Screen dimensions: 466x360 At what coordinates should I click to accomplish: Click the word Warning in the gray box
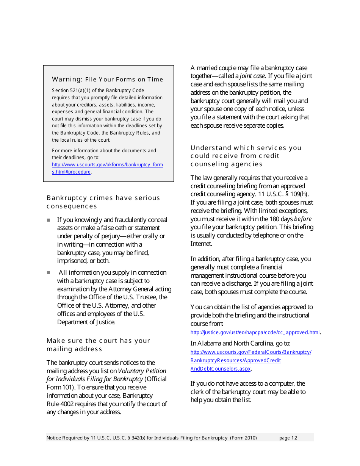point(67,79)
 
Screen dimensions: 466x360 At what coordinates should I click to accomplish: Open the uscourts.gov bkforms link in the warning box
point(107,165)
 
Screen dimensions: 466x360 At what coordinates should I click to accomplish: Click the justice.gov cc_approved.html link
point(255,333)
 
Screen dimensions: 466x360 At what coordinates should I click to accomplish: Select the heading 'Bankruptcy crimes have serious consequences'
point(103,202)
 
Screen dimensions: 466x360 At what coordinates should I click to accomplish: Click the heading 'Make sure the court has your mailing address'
point(98,345)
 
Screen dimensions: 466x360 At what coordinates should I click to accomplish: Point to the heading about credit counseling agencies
point(246,156)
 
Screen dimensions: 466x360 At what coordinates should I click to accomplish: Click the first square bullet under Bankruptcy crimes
point(49,220)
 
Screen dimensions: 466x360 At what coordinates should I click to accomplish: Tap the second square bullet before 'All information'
point(49,273)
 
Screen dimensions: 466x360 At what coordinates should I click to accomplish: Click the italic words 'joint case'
point(252,76)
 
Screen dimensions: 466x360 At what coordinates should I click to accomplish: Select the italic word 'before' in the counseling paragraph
point(303,219)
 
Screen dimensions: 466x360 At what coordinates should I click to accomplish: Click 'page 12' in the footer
point(288,438)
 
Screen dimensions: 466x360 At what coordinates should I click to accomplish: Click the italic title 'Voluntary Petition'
point(142,371)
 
